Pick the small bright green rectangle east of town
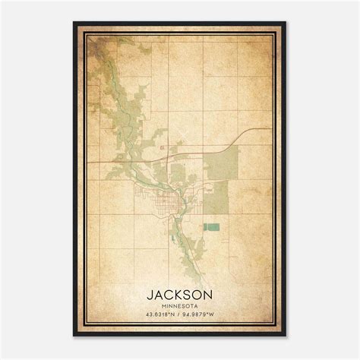coord(211,226)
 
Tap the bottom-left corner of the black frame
coord(74,336)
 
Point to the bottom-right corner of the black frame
coord(285,336)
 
